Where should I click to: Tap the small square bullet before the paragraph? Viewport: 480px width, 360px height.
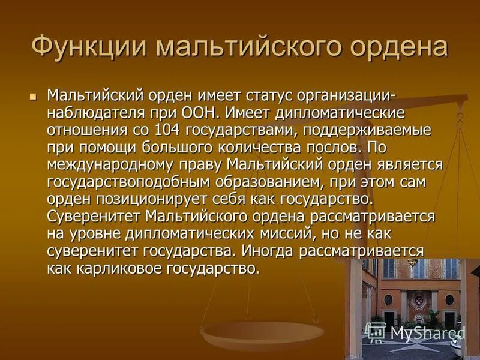coord(34,95)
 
